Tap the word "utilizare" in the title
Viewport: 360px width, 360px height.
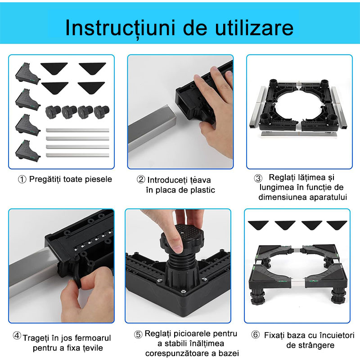254,27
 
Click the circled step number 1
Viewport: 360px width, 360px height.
22,180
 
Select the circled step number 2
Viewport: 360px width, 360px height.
141,180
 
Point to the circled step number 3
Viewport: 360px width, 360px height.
258,178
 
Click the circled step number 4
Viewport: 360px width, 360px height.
17,336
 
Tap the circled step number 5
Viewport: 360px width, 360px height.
138,334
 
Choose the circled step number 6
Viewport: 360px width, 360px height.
255,334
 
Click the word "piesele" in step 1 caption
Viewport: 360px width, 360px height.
98,179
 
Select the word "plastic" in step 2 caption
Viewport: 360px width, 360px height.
201,190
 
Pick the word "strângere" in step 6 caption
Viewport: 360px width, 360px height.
310,346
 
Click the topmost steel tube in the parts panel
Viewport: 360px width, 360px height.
77,130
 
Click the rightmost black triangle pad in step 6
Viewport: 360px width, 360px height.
337,225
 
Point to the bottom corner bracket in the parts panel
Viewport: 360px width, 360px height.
27,150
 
